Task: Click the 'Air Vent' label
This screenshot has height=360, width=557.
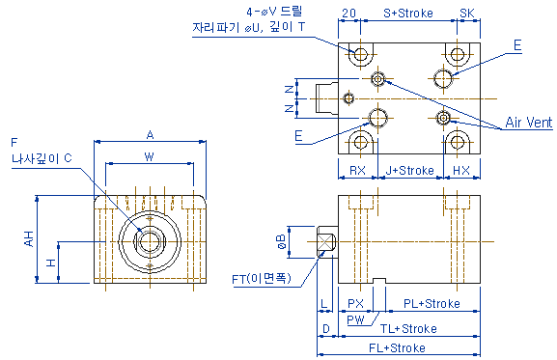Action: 529,123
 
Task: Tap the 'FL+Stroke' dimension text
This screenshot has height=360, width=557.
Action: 397,347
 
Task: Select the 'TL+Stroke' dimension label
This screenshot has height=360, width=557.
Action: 408,329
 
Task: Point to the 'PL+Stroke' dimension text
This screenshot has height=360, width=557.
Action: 432,304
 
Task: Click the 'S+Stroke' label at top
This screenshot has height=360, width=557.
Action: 408,14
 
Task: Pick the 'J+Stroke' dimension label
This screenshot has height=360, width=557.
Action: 410,171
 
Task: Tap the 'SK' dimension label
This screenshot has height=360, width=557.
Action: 467,14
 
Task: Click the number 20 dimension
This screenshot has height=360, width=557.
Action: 348,14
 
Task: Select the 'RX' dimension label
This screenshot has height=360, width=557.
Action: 357,171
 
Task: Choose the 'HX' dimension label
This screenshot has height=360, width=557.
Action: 461,171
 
